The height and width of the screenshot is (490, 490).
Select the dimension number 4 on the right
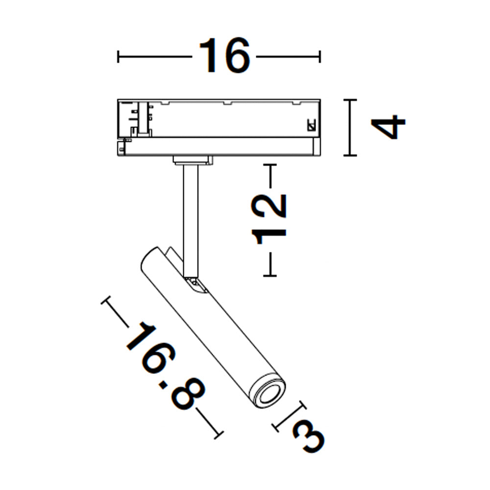(389, 127)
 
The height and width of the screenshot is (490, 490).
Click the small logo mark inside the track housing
(311, 125)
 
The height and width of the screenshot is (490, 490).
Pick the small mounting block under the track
(194, 159)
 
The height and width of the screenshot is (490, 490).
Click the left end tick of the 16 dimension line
(118, 57)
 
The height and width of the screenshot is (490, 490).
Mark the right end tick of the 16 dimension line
(320, 57)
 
